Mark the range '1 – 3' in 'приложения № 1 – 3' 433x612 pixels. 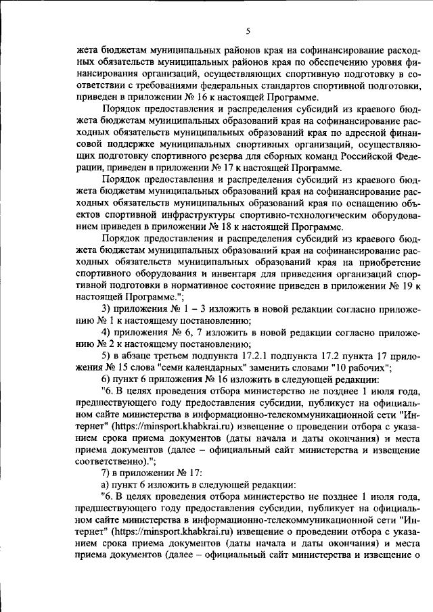[193, 309]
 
